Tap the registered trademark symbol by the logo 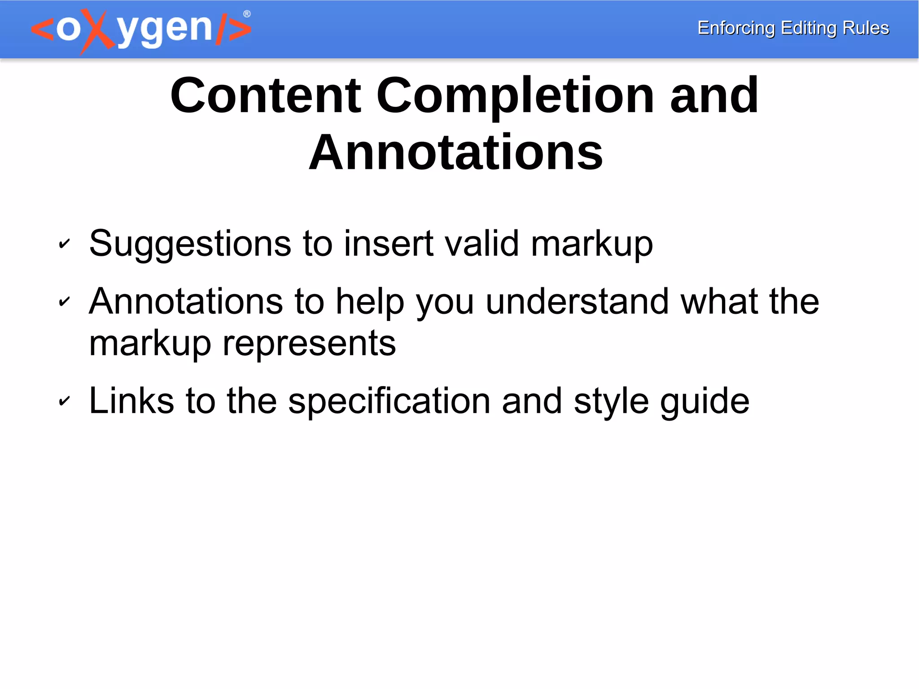point(247,14)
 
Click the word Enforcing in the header point(736,28)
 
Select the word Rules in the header point(866,28)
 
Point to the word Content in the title point(266,96)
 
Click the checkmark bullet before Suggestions point(65,244)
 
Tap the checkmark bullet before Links point(65,401)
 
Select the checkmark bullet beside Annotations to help point(65,302)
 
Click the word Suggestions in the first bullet point(190,244)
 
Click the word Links point(131,400)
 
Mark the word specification point(389,401)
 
